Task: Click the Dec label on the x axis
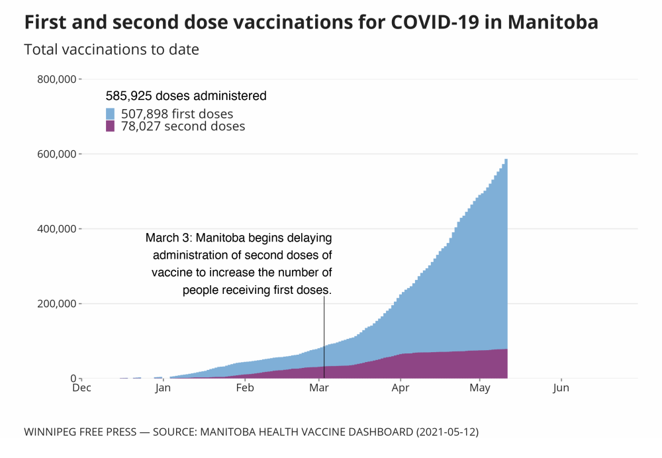pos(81,389)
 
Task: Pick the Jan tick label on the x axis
pos(164,389)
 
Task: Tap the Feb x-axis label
pos(246,389)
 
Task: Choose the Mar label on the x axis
pos(320,389)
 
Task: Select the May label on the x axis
pos(481,389)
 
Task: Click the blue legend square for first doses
pos(111,114)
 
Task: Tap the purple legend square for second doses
pos(111,126)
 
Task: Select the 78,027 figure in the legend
pos(141,126)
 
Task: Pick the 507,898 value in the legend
pos(145,114)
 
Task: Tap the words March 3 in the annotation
pos(169,238)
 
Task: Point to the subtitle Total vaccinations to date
pos(111,50)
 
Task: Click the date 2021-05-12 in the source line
pos(446,432)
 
